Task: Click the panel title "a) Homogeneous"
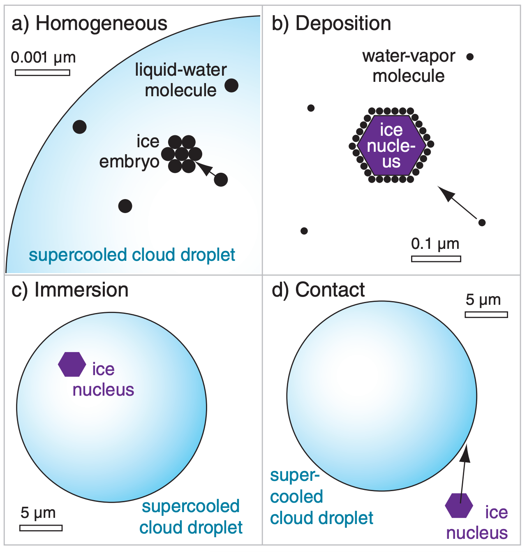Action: (x=89, y=23)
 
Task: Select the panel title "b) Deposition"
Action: (x=331, y=23)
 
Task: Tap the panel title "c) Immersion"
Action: (x=70, y=290)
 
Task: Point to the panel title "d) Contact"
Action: (x=318, y=290)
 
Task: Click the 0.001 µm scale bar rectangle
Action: (x=42, y=73)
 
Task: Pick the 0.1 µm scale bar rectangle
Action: (x=436, y=259)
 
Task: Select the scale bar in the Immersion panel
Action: (x=41, y=528)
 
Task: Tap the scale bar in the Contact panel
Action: (x=486, y=315)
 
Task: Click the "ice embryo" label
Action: (x=130, y=151)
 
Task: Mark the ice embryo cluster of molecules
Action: (x=182, y=154)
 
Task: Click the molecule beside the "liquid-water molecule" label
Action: (x=231, y=86)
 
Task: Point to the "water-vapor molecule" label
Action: (x=409, y=66)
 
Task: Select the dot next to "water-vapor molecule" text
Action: (x=470, y=57)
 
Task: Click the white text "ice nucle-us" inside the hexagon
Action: (x=391, y=146)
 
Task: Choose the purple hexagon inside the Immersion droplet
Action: (x=72, y=364)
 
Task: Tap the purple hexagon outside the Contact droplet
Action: (x=459, y=505)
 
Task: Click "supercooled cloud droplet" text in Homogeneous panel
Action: (x=132, y=255)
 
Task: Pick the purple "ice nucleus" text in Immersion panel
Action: (x=103, y=380)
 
